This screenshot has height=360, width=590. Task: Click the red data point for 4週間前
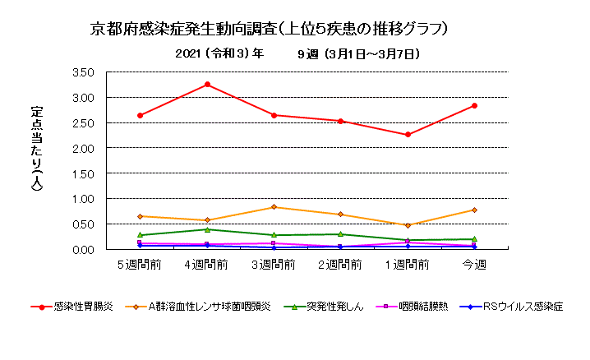click(207, 85)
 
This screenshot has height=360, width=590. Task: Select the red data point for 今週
click(474, 105)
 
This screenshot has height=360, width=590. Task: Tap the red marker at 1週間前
click(408, 135)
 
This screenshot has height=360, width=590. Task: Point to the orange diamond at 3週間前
click(274, 207)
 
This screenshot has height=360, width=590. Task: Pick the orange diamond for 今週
click(474, 210)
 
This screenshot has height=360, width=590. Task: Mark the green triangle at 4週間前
click(207, 229)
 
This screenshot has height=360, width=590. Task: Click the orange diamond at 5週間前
click(141, 216)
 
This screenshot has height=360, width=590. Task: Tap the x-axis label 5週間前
click(140, 265)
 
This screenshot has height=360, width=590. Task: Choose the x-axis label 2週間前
click(340, 265)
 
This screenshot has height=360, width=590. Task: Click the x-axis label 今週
click(474, 265)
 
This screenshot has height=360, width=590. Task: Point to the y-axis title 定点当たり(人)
click(36, 149)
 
